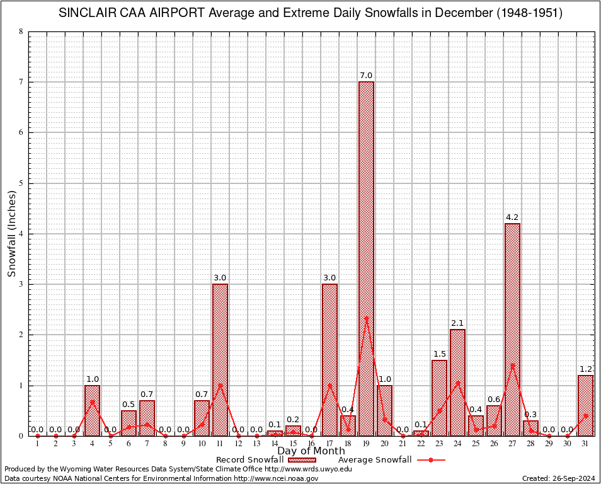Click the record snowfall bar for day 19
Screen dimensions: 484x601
click(366, 258)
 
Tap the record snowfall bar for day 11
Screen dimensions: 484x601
click(220, 359)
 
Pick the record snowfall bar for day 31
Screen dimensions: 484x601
click(585, 405)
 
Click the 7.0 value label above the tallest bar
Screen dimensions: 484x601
click(366, 76)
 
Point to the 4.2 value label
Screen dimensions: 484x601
click(512, 217)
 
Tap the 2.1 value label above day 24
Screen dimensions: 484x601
click(457, 323)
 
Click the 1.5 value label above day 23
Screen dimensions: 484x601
click(439, 354)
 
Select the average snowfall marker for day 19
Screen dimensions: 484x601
click(366, 318)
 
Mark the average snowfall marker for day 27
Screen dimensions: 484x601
click(512, 365)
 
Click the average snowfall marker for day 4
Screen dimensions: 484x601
click(92, 401)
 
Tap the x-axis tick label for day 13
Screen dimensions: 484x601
click(256, 444)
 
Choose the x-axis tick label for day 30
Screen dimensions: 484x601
click(567, 444)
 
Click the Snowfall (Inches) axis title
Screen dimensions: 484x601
click(12, 234)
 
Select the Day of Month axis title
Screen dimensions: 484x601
click(311, 451)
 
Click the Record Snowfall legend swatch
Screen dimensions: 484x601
click(300, 460)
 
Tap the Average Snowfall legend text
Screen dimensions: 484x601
click(374, 460)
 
